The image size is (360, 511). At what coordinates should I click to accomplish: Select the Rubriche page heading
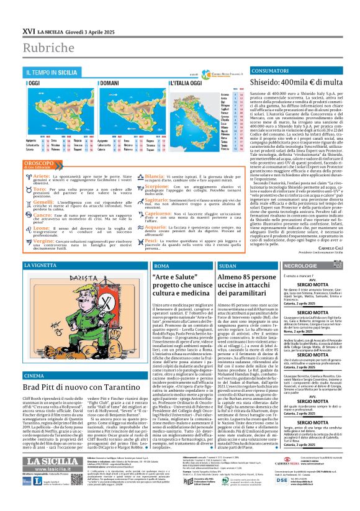pyautogui.click(x=47, y=47)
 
